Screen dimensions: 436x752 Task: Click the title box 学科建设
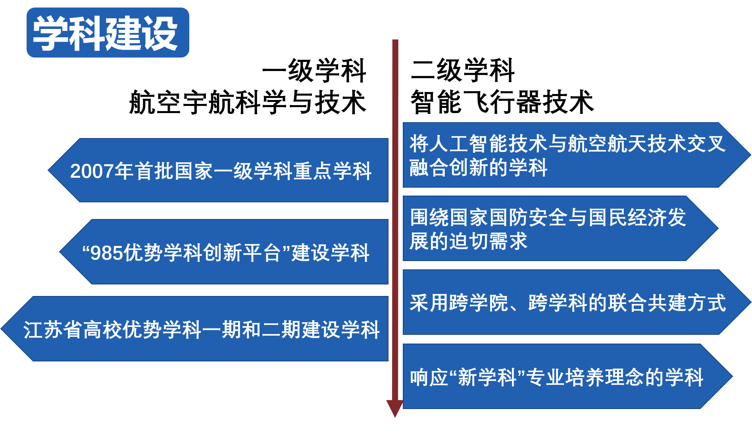click(108, 33)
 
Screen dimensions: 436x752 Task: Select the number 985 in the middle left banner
click(107, 253)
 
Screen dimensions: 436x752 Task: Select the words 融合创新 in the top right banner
click(448, 167)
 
